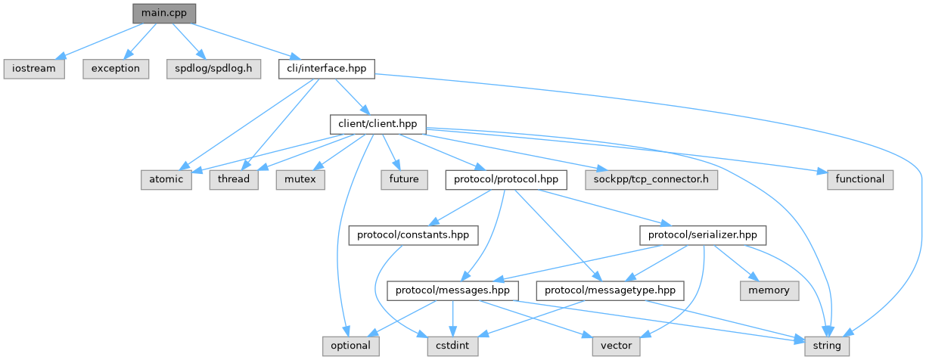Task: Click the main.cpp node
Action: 163,13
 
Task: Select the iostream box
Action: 33,68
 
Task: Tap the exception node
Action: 116,68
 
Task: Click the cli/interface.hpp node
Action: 326,68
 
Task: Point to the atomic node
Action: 166,179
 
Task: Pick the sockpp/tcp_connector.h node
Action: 651,179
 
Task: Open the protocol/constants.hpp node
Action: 413,235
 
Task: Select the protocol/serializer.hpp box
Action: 703,235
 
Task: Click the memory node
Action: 769,290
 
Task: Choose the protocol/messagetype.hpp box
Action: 610,290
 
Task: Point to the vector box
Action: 615,346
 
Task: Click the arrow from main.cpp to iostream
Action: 98,40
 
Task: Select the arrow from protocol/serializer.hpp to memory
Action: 738,264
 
